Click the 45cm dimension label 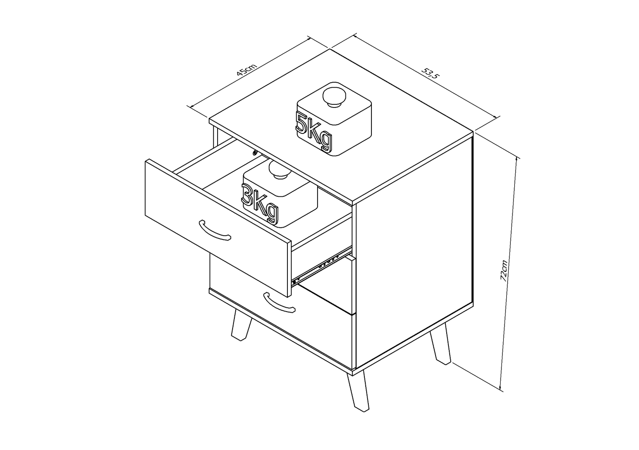click(247, 70)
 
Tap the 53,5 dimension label click(430, 73)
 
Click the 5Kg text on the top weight click(314, 131)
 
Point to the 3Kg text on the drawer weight click(260, 203)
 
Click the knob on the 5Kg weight click(334, 97)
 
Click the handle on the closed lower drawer click(279, 302)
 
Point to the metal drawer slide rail click(321, 266)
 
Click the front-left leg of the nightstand click(241, 325)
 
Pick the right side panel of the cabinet click(414, 252)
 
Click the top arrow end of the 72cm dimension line click(517, 157)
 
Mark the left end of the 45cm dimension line click(191, 107)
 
